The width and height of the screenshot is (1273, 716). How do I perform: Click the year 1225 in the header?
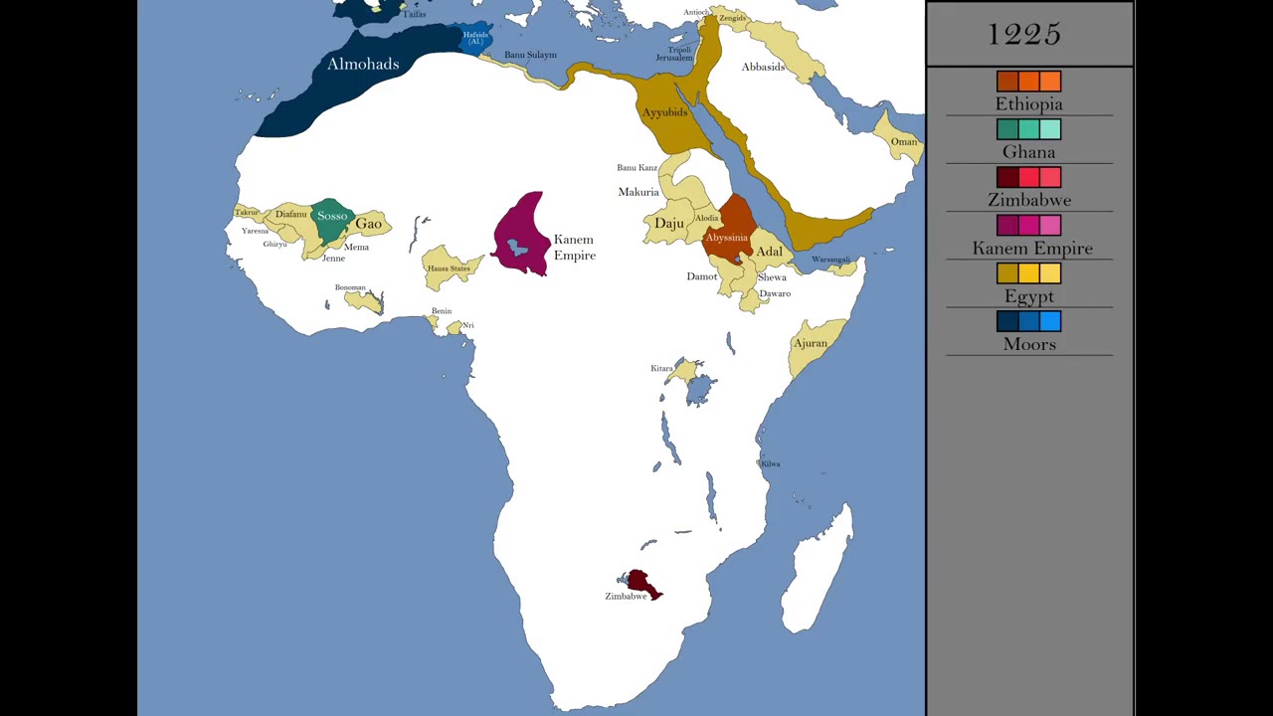tap(1024, 35)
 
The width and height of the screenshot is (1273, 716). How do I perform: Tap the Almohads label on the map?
tap(363, 64)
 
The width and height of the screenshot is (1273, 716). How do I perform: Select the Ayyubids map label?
tap(664, 112)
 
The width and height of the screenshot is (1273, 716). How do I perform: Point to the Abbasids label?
tap(763, 67)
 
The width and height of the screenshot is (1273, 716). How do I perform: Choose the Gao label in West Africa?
tap(369, 224)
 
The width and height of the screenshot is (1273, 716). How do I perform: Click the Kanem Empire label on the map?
tap(574, 248)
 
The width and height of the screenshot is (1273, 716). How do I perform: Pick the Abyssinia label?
tap(726, 238)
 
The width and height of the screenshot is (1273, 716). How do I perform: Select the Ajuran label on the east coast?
tap(811, 343)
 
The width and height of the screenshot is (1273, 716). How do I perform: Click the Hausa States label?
tap(449, 268)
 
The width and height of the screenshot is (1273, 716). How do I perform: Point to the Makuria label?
tap(638, 192)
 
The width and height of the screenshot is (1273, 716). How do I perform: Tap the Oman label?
tap(903, 141)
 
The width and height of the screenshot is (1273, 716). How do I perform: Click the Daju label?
tap(669, 223)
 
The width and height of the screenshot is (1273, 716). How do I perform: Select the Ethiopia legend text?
tap(1029, 104)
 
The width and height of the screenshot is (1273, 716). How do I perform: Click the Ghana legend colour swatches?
tap(1029, 129)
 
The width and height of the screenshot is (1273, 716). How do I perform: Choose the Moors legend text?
tap(1029, 344)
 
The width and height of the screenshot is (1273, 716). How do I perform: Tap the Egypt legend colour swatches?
tap(1029, 273)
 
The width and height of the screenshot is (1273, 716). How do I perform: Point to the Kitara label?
tap(661, 368)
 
